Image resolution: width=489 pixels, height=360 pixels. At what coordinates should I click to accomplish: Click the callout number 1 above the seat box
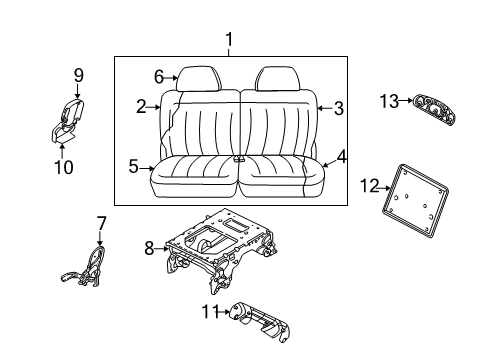pyautogui.click(x=229, y=40)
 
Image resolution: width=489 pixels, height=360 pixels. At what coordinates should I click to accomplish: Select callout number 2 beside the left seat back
pyautogui.click(x=142, y=104)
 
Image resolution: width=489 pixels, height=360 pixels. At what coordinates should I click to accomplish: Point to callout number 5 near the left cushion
pyautogui.click(x=133, y=167)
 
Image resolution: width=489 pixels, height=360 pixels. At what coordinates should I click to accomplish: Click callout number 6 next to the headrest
pyautogui.click(x=158, y=76)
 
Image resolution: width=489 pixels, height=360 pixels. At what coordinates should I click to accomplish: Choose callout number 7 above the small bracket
pyautogui.click(x=101, y=222)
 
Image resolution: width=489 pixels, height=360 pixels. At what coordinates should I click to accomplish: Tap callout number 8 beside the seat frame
pyautogui.click(x=149, y=248)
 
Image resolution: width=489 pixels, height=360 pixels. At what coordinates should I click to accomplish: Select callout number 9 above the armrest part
pyautogui.click(x=78, y=74)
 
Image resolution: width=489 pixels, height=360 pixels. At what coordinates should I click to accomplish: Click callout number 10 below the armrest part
pyautogui.click(x=63, y=167)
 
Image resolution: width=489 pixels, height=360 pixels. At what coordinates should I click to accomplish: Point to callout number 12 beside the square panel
pyautogui.click(x=368, y=185)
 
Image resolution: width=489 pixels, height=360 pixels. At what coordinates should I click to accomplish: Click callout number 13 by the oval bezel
pyautogui.click(x=388, y=99)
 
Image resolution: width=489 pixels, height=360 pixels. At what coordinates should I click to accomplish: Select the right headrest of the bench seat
pyautogui.click(x=273, y=78)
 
